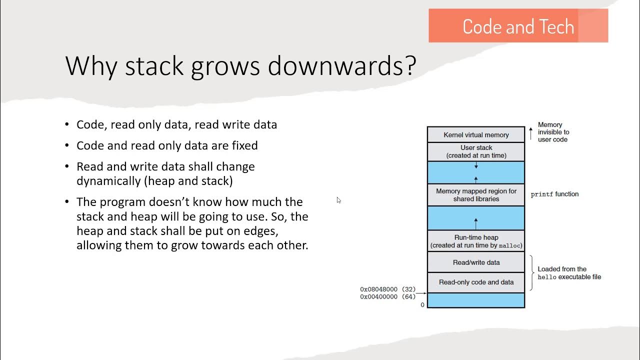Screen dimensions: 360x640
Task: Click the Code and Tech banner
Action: tap(518, 26)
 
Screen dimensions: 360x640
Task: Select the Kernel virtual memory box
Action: tap(476, 135)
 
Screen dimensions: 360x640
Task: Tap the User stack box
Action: tap(476, 151)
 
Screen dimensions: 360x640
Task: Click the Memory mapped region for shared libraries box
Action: tap(476, 195)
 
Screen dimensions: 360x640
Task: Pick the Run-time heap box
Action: tap(476, 241)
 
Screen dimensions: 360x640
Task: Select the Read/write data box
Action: tap(476, 262)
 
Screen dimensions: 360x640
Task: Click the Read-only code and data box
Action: tap(476, 282)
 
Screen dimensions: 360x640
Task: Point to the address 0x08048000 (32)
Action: tap(387, 289)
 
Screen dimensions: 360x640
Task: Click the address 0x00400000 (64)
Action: tap(387, 297)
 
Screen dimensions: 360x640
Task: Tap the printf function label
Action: tap(554, 194)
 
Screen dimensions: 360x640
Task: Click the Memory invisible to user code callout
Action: tap(553, 132)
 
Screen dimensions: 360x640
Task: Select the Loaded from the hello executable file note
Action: tap(569, 273)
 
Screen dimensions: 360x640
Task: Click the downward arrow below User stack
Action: tap(476, 165)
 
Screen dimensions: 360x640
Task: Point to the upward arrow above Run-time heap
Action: tap(476, 221)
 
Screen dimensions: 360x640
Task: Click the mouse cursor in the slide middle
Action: tap(338, 200)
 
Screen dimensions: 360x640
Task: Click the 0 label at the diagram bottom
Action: tap(422, 305)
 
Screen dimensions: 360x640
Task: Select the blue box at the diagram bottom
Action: tap(476, 300)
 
